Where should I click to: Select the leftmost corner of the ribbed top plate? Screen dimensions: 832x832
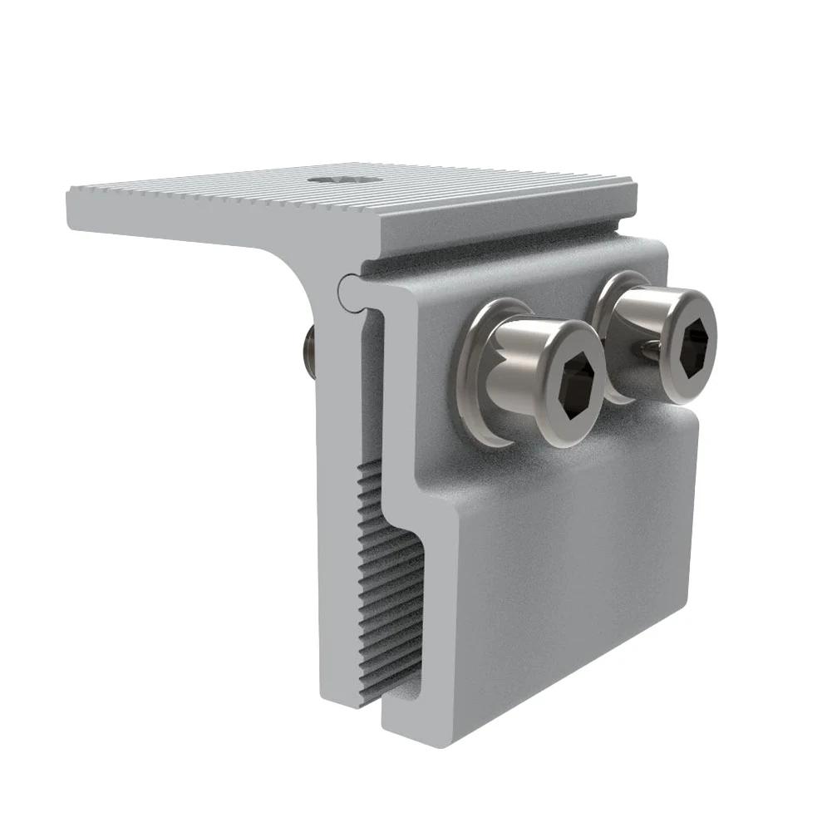point(68,193)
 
